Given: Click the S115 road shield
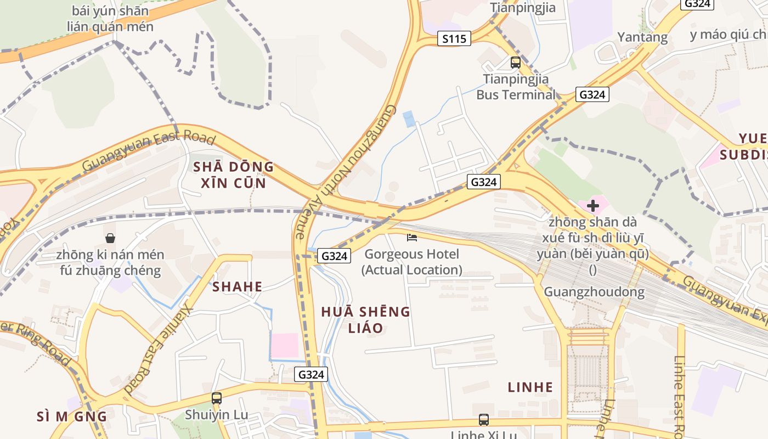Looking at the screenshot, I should point(455,38).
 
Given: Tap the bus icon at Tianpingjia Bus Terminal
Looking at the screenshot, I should point(516,62).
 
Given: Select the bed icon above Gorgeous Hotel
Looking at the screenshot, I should point(412,238).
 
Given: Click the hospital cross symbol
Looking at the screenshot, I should point(592,206).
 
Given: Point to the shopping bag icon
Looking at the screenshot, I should point(110,238).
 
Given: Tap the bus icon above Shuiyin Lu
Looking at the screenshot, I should point(217,398).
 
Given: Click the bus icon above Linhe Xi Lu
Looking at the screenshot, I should point(483,420).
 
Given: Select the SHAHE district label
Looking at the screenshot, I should point(237,286).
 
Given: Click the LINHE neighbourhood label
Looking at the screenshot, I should point(530,387).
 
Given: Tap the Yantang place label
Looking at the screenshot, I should point(642,37).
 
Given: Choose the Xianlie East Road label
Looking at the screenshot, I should point(160,348).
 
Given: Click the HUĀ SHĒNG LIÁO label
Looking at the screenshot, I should point(365,320).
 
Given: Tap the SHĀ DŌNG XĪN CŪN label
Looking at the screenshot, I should point(233,175).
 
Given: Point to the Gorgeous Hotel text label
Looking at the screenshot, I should point(411,262).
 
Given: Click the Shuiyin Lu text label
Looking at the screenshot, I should point(217,415).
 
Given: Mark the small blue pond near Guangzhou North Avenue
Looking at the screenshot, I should point(409,119).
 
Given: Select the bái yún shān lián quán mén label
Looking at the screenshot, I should point(110,18).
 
